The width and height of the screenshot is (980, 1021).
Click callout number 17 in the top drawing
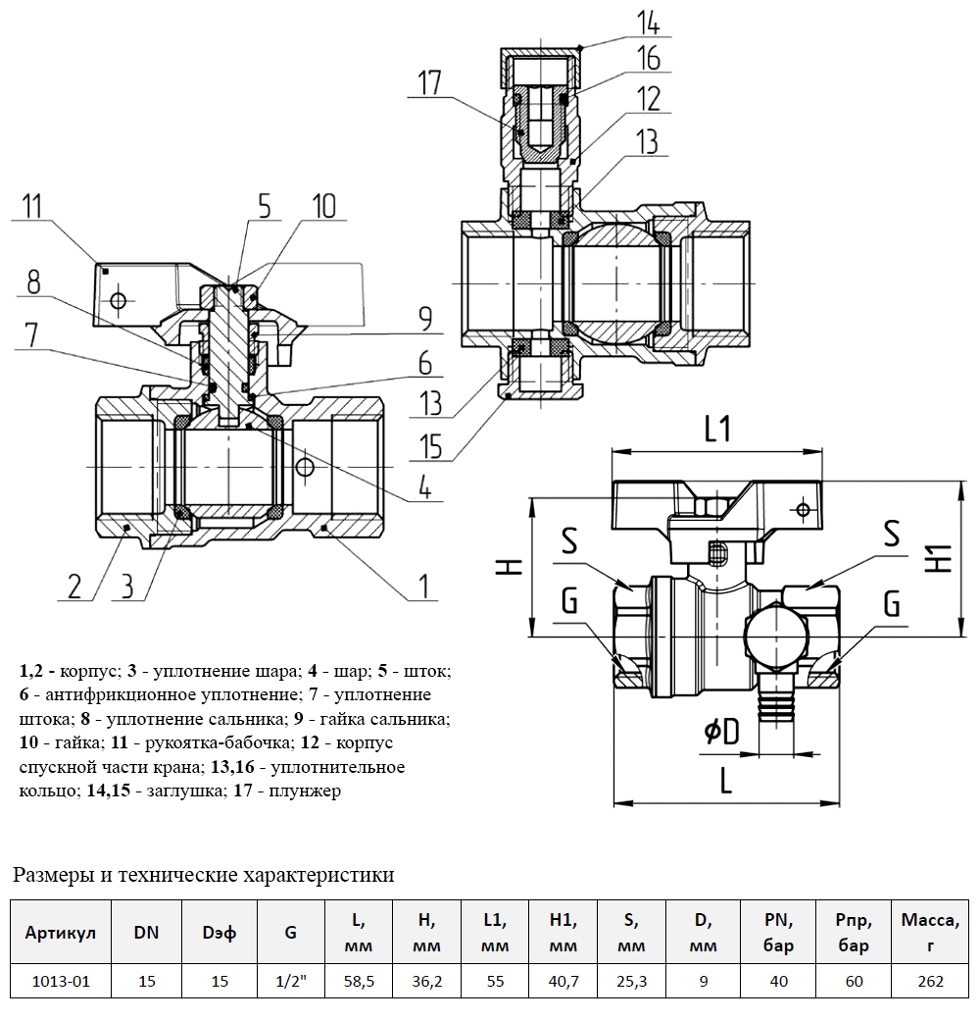click(x=429, y=82)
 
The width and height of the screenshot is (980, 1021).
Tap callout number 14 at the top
click(x=648, y=23)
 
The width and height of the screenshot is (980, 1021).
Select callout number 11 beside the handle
click(x=33, y=206)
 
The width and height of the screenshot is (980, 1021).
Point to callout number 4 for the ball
click(x=425, y=486)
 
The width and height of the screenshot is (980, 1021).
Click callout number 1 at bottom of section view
click(x=424, y=587)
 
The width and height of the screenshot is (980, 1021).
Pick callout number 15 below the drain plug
click(x=431, y=446)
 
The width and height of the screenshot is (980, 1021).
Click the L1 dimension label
click(x=717, y=430)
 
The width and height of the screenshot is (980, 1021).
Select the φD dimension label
click(x=722, y=732)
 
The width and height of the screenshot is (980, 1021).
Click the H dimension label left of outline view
click(x=510, y=566)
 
